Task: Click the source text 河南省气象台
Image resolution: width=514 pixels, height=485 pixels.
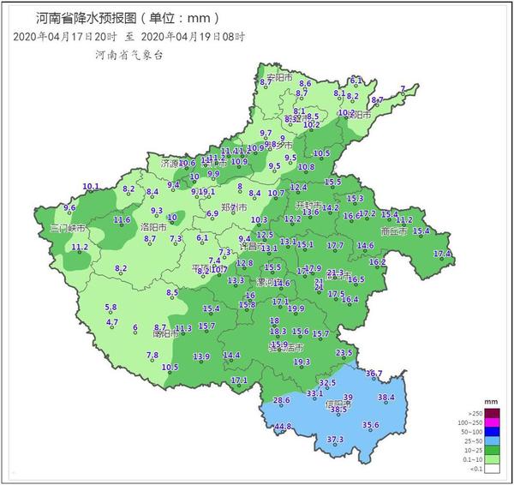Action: point(128,54)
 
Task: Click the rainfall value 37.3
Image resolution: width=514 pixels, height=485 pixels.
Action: point(335,440)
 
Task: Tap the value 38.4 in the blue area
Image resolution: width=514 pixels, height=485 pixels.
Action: point(386,398)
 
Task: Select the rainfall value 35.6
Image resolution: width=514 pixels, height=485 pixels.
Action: point(370,425)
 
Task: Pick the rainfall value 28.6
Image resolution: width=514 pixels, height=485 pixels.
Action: point(282,401)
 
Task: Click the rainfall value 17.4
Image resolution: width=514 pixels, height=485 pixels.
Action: point(442,254)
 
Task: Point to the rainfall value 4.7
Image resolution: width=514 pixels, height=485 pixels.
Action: point(112,322)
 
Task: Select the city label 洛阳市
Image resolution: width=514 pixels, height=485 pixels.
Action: point(129,227)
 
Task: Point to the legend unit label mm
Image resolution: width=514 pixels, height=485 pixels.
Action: point(491,401)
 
